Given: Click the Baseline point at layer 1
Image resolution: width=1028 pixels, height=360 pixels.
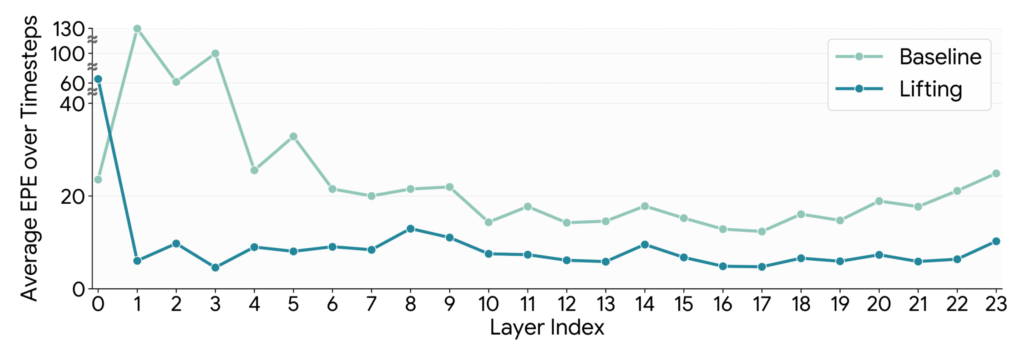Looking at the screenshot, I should pyautogui.click(x=137, y=29).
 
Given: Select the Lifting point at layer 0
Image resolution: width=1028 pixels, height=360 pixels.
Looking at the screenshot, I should pyautogui.click(x=98, y=79).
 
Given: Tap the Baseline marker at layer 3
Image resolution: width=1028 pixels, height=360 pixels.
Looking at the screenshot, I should pyautogui.click(x=215, y=54).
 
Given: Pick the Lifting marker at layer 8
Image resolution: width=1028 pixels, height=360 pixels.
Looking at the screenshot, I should pyautogui.click(x=410, y=229).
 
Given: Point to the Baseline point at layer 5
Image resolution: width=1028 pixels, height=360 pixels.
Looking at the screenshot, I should pyautogui.click(x=293, y=137).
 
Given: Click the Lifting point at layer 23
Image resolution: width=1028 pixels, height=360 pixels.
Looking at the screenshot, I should pyautogui.click(x=996, y=241).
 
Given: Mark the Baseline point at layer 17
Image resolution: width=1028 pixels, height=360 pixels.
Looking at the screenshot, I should pyautogui.click(x=762, y=232).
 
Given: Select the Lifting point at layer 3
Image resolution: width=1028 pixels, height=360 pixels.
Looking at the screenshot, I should pyautogui.click(x=215, y=267).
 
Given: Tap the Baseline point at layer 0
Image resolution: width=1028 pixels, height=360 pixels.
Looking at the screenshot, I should pyautogui.click(x=98, y=179).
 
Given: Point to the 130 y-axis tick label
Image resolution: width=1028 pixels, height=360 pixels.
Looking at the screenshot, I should pyautogui.click(x=68, y=29).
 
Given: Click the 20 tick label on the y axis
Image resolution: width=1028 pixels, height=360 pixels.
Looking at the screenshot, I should pyautogui.click(x=73, y=196).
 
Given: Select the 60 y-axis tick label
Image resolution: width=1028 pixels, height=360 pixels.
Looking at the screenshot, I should pyautogui.click(x=72, y=84).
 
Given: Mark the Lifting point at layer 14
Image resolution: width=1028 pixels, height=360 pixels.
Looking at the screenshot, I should pyautogui.click(x=644, y=245).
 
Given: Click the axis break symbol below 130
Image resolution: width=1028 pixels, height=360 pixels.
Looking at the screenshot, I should pyautogui.click(x=92, y=40).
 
